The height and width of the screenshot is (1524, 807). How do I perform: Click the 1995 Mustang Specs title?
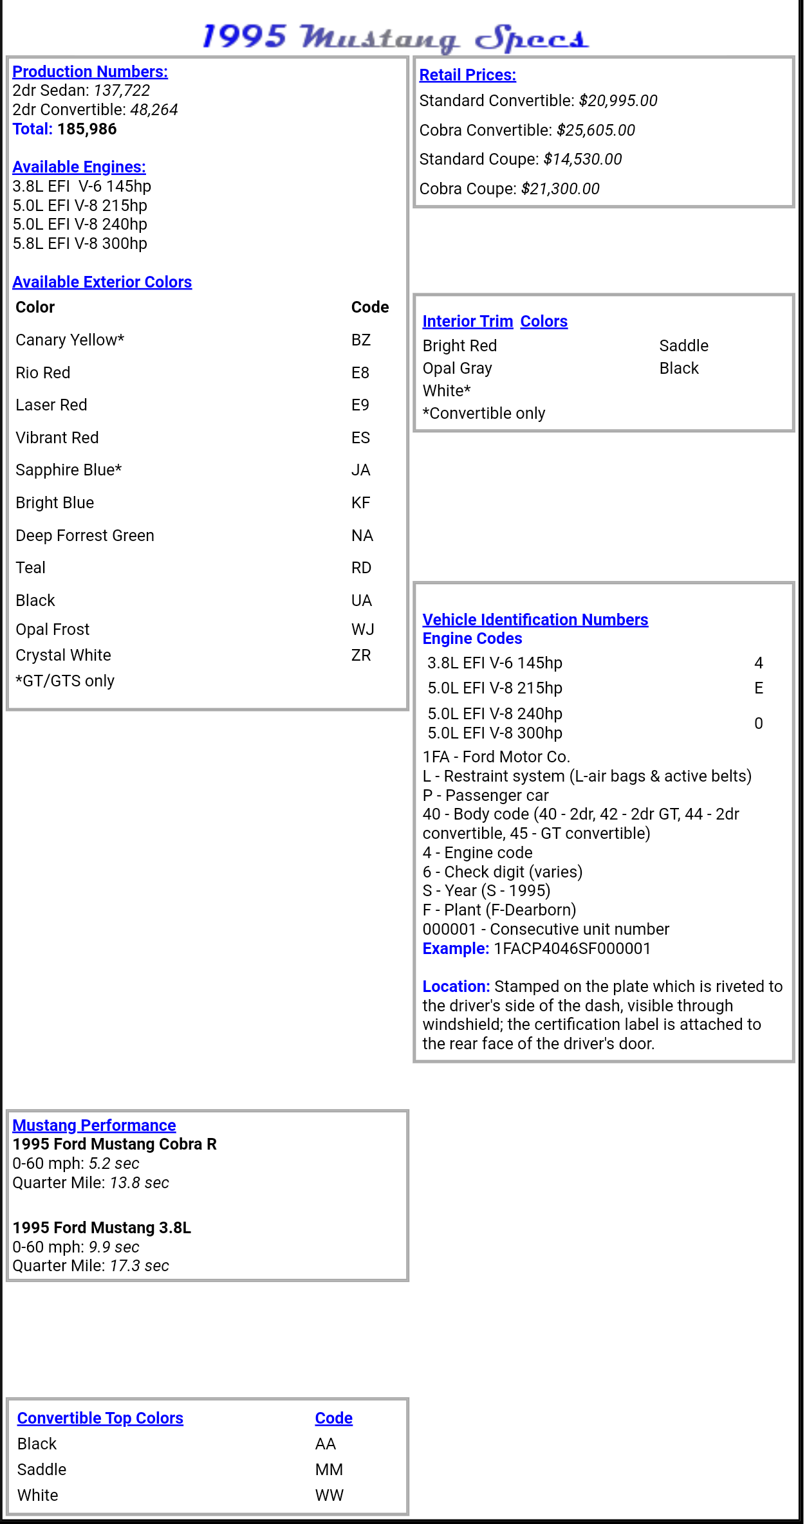(395, 37)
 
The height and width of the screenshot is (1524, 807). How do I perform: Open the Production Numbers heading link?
(90, 71)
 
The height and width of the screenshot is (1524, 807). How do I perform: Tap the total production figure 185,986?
(87, 129)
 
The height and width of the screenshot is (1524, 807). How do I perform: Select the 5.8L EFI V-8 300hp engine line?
(80, 244)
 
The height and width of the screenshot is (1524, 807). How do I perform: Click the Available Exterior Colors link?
(102, 282)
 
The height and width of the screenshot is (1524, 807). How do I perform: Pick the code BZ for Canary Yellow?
(360, 340)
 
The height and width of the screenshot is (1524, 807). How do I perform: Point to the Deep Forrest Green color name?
(84, 536)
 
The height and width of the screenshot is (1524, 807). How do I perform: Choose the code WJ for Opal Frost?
(362, 629)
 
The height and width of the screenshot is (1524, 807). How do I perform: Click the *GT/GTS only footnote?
(65, 681)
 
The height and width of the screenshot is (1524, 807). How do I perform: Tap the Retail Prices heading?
(467, 75)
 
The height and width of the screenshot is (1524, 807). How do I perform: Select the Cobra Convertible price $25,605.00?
(595, 131)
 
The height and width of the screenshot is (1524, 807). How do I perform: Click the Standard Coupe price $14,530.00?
(582, 160)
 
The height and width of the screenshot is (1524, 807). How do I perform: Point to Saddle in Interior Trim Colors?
(683, 346)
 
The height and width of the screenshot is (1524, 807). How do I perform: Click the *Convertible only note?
(483, 414)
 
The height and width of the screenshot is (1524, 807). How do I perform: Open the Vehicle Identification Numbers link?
(535, 620)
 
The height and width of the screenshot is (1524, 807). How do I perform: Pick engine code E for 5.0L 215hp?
(758, 688)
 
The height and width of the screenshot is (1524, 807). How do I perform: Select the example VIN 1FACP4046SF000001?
(572, 949)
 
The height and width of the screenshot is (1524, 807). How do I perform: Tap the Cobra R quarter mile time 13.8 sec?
(139, 1183)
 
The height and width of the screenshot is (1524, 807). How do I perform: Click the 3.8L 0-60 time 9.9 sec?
(114, 1247)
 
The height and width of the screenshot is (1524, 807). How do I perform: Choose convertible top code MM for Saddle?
(329, 1470)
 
